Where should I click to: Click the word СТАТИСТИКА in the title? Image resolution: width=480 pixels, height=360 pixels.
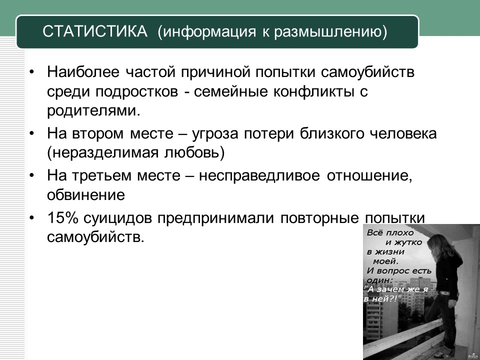[95, 31]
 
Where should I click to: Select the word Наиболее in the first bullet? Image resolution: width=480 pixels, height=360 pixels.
[83, 72]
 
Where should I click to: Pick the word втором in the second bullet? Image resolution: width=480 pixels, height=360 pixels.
[97, 134]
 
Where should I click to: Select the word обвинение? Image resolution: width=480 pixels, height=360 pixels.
[86, 195]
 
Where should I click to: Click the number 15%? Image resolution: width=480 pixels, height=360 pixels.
[63, 218]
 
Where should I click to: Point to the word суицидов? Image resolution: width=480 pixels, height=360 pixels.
[117, 218]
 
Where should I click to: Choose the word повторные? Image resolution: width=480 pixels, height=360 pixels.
[319, 218]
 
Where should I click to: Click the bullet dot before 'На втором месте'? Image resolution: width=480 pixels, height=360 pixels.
[32, 134]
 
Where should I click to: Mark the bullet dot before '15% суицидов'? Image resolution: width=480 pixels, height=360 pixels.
[32, 217]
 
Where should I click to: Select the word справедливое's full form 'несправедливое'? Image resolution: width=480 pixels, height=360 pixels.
[259, 176]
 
